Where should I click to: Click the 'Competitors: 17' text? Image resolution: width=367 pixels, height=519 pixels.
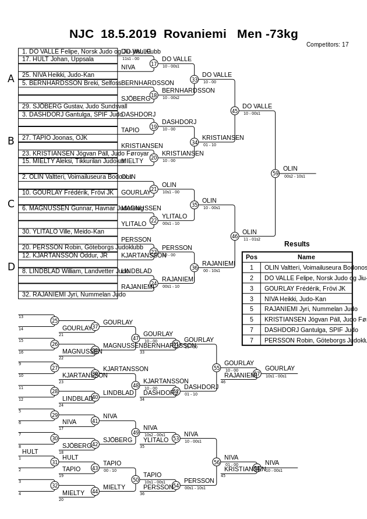[x=327, y=44]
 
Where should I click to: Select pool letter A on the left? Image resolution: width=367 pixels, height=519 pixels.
[x=10, y=79]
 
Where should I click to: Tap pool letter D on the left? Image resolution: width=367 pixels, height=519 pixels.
[x=10, y=267]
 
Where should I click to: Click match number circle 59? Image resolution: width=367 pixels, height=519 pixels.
[x=276, y=173]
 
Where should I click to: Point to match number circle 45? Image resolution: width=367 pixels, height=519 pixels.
[x=235, y=111]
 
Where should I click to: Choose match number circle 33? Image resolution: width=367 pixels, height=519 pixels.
[x=195, y=79]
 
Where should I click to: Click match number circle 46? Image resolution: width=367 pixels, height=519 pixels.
[x=235, y=236]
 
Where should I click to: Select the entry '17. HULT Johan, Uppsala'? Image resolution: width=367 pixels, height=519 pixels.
[x=58, y=59]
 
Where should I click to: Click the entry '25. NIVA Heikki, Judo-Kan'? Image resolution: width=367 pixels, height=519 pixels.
[x=58, y=75]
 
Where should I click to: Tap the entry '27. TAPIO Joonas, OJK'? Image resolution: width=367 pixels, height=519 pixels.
[x=55, y=138]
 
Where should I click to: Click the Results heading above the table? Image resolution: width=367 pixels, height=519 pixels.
[x=297, y=244]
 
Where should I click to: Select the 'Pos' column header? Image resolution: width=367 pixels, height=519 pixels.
[x=252, y=257]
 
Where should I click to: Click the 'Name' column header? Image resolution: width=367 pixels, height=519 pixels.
[x=306, y=257]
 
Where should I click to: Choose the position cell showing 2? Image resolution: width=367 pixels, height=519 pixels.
[x=252, y=278]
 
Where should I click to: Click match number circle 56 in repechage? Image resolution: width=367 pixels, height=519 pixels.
[x=217, y=462]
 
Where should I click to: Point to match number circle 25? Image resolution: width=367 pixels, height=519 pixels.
[x=55, y=320]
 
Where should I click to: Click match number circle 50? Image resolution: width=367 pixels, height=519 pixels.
[x=136, y=479]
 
